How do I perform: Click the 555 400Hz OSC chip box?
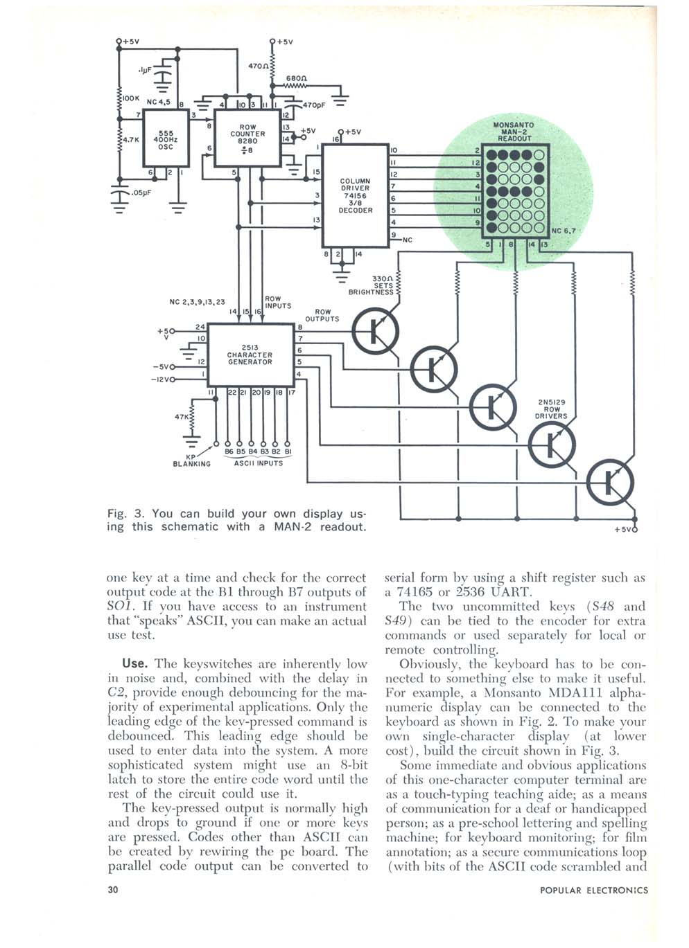pyautogui.click(x=166, y=138)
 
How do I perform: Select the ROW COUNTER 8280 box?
pyautogui.click(x=247, y=138)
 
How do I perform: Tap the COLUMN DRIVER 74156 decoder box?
pyautogui.click(x=356, y=195)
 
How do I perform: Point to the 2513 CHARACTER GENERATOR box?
pyautogui.click(x=251, y=355)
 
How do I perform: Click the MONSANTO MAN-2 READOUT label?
pyautogui.click(x=514, y=132)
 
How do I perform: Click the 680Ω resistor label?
pyautogui.click(x=297, y=78)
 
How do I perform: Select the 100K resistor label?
pyautogui.click(x=131, y=98)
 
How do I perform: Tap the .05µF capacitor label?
pyautogui.click(x=141, y=193)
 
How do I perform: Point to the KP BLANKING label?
pyautogui.click(x=191, y=460)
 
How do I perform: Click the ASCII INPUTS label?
pyautogui.click(x=259, y=463)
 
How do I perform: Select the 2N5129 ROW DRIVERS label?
pyautogui.click(x=552, y=409)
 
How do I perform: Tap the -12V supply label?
pyautogui.click(x=159, y=379)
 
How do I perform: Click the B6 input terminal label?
pyautogui.click(x=229, y=451)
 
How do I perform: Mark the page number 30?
pyautogui.click(x=113, y=890)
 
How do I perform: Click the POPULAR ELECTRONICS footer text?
pyautogui.click(x=593, y=890)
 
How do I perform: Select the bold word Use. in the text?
pyautogui.click(x=134, y=663)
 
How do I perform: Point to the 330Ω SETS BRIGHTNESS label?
pyautogui.click(x=372, y=286)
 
